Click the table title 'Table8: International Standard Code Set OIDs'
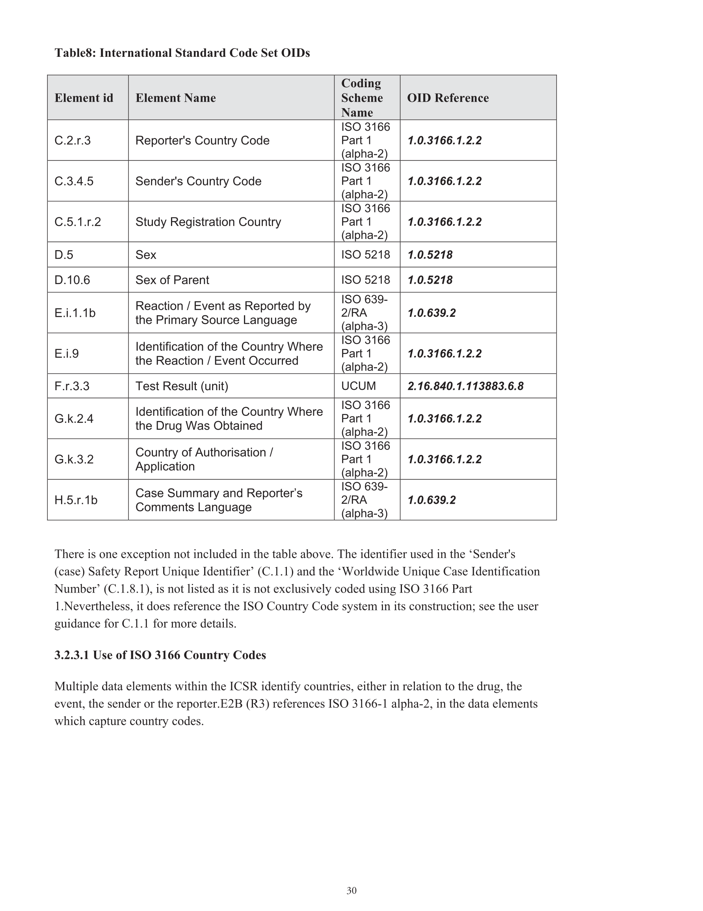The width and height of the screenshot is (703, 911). pyautogui.click(x=182, y=53)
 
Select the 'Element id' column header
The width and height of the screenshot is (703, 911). pyautogui.click(x=84, y=98)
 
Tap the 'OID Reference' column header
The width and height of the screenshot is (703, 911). pyautogui.click(x=448, y=98)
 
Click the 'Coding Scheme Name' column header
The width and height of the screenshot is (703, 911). pyautogui.click(x=362, y=98)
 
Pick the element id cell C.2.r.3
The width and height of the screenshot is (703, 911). pyautogui.click(x=73, y=140)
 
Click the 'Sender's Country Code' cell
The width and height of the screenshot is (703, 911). pyautogui.click(x=198, y=181)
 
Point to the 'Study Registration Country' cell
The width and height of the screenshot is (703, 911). pyautogui.click(x=208, y=222)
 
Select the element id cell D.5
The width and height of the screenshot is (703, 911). pyautogui.click(x=64, y=255)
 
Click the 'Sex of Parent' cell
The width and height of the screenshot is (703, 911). pyautogui.click(x=172, y=280)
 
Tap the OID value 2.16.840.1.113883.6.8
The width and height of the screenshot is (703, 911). pyautogui.click(x=465, y=386)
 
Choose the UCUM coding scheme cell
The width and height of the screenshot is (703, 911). pyautogui.click(x=358, y=386)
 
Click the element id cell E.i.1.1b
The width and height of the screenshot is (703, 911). pyautogui.click(x=75, y=313)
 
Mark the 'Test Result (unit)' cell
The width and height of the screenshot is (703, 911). pyautogui.click(x=182, y=386)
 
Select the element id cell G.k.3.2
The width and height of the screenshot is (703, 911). pyautogui.click(x=74, y=459)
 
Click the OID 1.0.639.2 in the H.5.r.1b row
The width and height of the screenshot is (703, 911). pyautogui.click(x=431, y=500)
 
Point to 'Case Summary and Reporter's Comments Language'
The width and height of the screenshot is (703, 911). pyautogui.click(x=219, y=500)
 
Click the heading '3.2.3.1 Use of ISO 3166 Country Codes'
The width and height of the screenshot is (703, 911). pyautogui.click(x=160, y=655)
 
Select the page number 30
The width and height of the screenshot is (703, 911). pyautogui.click(x=351, y=890)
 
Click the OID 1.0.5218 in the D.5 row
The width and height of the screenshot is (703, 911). pyautogui.click(x=430, y=255)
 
